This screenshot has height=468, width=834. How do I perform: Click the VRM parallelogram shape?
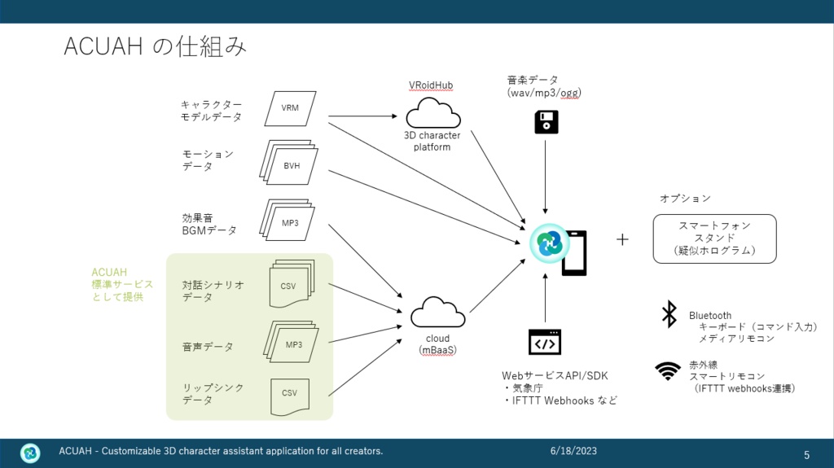291,107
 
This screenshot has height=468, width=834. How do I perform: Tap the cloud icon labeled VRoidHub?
432,112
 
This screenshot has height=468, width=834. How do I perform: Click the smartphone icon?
573,251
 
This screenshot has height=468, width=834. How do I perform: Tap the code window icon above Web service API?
545,343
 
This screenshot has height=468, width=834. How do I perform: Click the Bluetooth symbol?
669,313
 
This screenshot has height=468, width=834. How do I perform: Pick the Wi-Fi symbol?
669,371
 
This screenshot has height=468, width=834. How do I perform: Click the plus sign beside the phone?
623,240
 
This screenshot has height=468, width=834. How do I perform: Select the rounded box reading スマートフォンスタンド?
714,238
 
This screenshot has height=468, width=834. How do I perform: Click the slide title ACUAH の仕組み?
155,47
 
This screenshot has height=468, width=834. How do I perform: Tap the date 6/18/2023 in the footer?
573,451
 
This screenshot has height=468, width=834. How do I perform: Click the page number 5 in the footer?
806,454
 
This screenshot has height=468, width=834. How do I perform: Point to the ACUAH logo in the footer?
30,453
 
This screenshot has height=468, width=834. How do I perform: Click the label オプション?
684,199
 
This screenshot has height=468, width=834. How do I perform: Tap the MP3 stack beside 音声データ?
292,343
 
